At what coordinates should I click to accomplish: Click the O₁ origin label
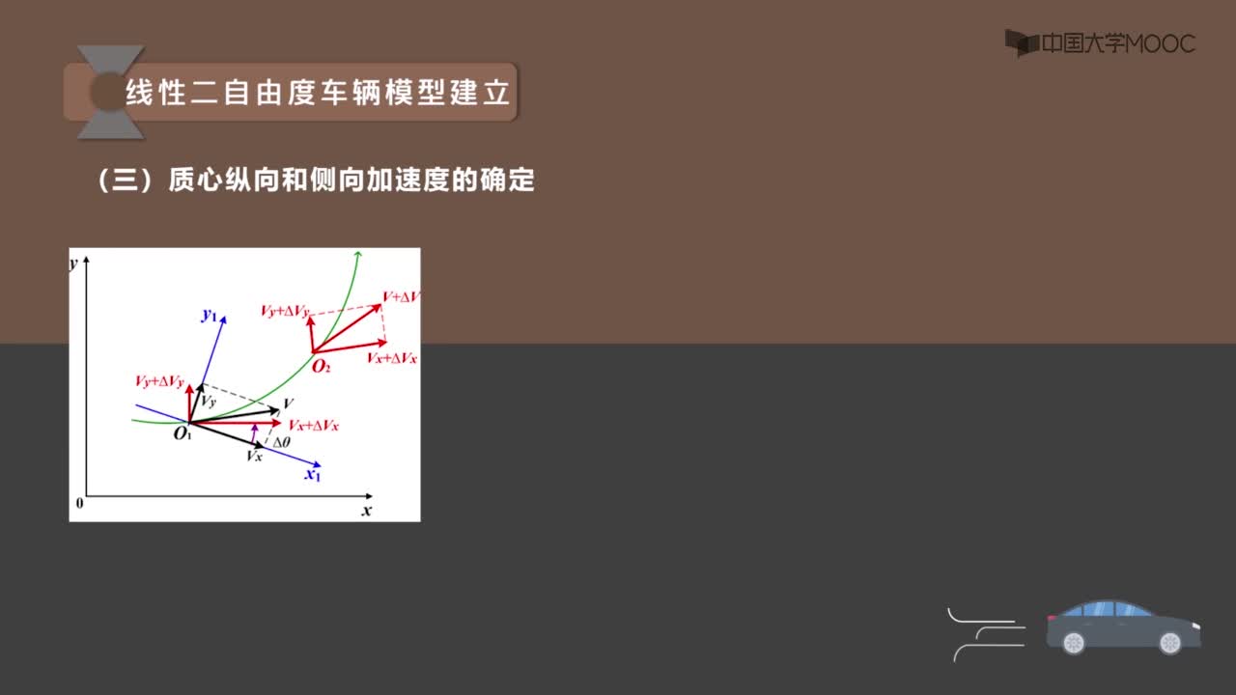[183, 434]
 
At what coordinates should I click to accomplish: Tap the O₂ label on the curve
[322, 366]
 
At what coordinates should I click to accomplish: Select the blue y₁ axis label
[210, 315]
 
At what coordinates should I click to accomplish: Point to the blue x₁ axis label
[313, 474]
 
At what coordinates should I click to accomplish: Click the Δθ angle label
[281, 442]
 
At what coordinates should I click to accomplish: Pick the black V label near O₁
[288, 403]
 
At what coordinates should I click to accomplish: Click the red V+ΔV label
[401, 296]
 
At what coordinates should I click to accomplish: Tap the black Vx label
[254, 456]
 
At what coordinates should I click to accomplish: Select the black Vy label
[209, 402]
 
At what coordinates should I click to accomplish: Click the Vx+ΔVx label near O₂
[392, 358]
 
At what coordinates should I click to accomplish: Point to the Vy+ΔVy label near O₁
[159, 381]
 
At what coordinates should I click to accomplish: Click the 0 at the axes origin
[79, 503]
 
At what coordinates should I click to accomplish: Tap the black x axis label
[366, 511]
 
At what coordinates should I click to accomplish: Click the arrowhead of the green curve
[358, 254]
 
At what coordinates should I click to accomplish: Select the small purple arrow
[254, 433]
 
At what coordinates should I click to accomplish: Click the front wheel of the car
[1169, 643]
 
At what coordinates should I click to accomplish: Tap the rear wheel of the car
[1074, 643]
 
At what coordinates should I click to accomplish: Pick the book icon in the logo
[1022, 43]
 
